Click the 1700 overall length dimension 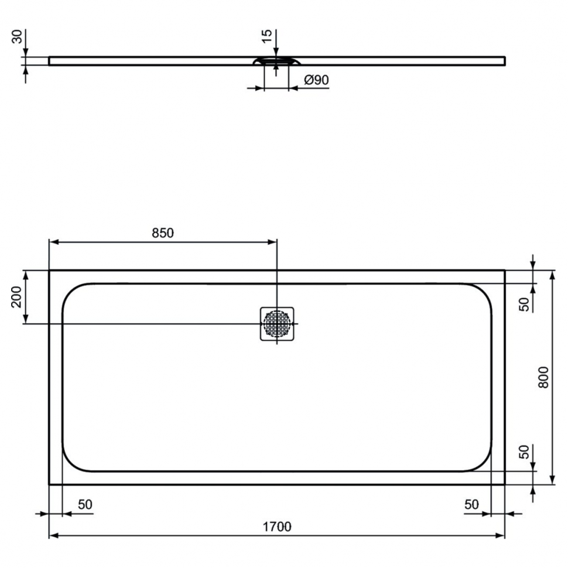pos(277,526)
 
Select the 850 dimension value pos(163,233)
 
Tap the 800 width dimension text pos(543,378)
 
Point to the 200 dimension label pos(16,297)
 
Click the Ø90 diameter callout pos(316,80)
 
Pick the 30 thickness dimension pos(17,37)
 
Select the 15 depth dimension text pos(266,36)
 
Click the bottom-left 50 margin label pos(85,504)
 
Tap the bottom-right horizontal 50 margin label pos(471,504)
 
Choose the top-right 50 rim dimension pos(524,304)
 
